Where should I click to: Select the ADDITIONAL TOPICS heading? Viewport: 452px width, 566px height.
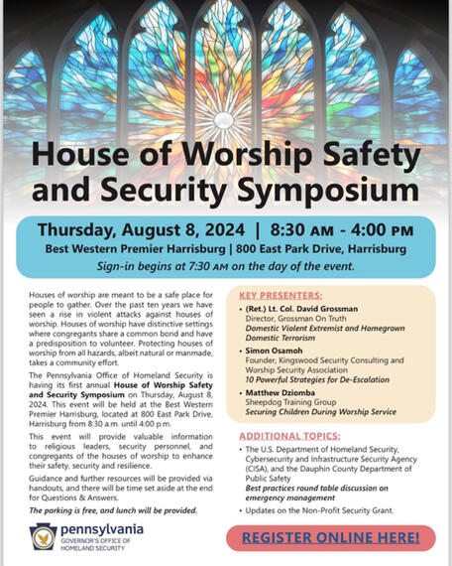(x=286, y=436)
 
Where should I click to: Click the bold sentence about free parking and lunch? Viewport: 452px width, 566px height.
(x=113, y=509)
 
